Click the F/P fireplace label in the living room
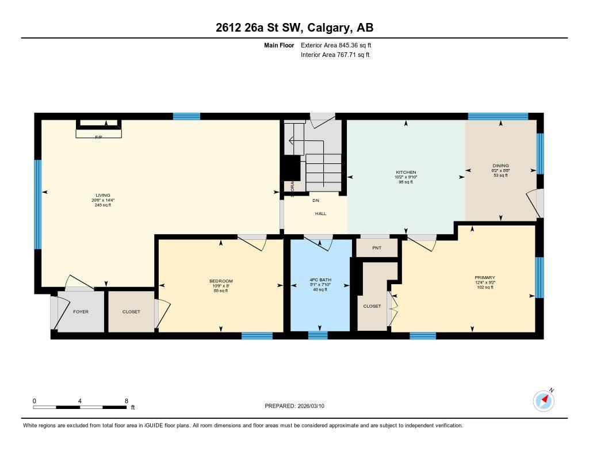click(x=98, y=137)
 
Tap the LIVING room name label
click(x=103, y=195)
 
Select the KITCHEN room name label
click(x=406, y=172)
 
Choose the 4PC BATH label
click(x=320, y=281)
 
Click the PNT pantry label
click(x=377, y=248)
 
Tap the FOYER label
click(x=81, y=312)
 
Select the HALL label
click(x=320, y=213)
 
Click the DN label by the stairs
click(x=316, y=201)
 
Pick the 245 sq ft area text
click(x=103, y=205)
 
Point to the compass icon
click(x=544, y=400)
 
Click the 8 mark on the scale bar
click(x=126, y=400)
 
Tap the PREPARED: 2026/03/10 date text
click(x=298, y=406)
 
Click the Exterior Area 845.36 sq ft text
click(x=340, y=45)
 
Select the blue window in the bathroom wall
click(x=318, y=335)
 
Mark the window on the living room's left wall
click(x=38, y=204)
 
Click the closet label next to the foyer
click(x=131, y=312)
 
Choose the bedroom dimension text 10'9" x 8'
click(x=221, y=286)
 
